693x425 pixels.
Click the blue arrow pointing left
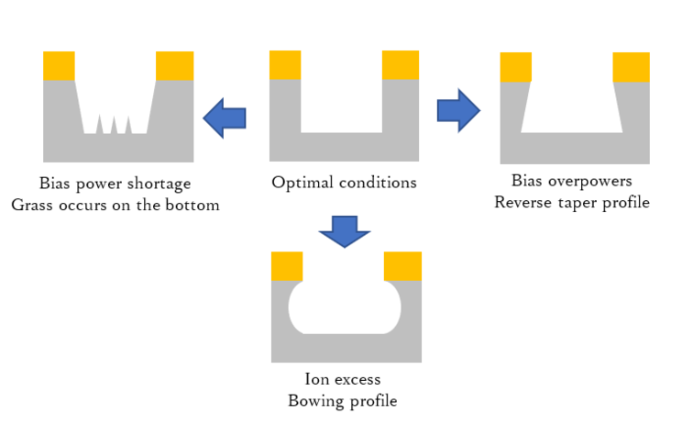[225, 117]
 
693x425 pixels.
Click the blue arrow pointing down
[344, 232]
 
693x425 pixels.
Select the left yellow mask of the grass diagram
[59, 66]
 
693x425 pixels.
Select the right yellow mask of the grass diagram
[174, 66]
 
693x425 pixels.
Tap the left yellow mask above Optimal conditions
[285, 65]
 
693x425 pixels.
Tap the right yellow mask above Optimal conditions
[400, 65]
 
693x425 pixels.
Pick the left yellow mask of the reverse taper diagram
[515, 67]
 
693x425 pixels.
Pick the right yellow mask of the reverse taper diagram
[631, 67]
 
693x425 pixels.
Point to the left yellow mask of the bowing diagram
[287, 266]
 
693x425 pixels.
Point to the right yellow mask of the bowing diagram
[402, 266]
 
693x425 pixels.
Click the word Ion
[316, 379]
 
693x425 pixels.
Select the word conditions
[377, 183]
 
